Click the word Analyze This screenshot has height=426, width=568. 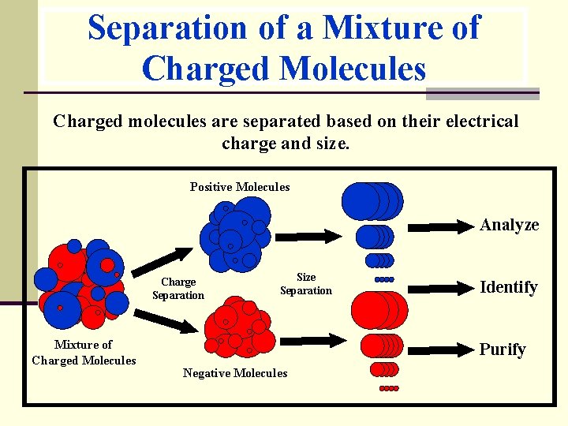tap(510, 225)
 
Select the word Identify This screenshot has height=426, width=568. tap(510, 287)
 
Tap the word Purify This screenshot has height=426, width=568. tap(503, 349)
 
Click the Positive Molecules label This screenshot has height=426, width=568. tap(240, 187)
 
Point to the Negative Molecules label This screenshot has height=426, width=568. tap(235, 373)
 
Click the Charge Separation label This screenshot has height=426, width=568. tap(178, 289)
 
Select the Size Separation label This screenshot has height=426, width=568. tap(306, 283)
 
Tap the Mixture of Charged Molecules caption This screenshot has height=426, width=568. tap(84, 353)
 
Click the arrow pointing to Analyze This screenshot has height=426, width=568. tap(443, 227)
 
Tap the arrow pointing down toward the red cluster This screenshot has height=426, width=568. tap(172, 320)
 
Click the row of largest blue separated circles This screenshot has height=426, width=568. tap(372, 201)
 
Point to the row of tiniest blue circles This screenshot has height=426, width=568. tap(383, 279)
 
